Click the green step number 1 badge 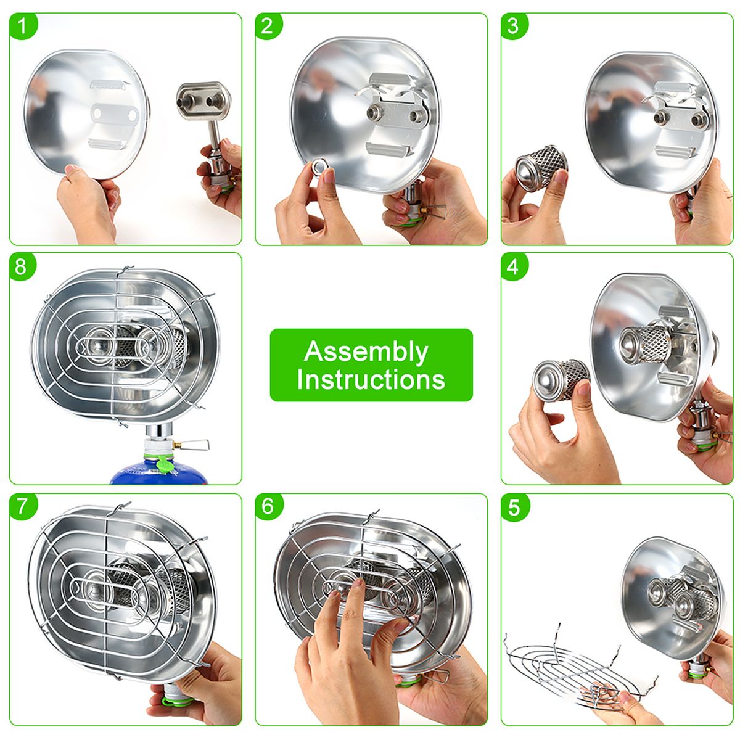click(23, 26)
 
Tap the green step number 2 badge click(268, 26)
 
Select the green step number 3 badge click(514, 26)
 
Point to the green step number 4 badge click(514, 266)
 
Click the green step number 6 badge click(269, 507)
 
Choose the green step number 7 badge click(23, 507)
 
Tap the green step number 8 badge click(22, 266)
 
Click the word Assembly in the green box click(366, 352)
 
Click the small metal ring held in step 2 click(320, 167)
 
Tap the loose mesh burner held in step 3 click(541, 168)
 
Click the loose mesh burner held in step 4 click(561, 380)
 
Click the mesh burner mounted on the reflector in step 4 click(645, 345)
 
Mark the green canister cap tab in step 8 click(165, 464)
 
